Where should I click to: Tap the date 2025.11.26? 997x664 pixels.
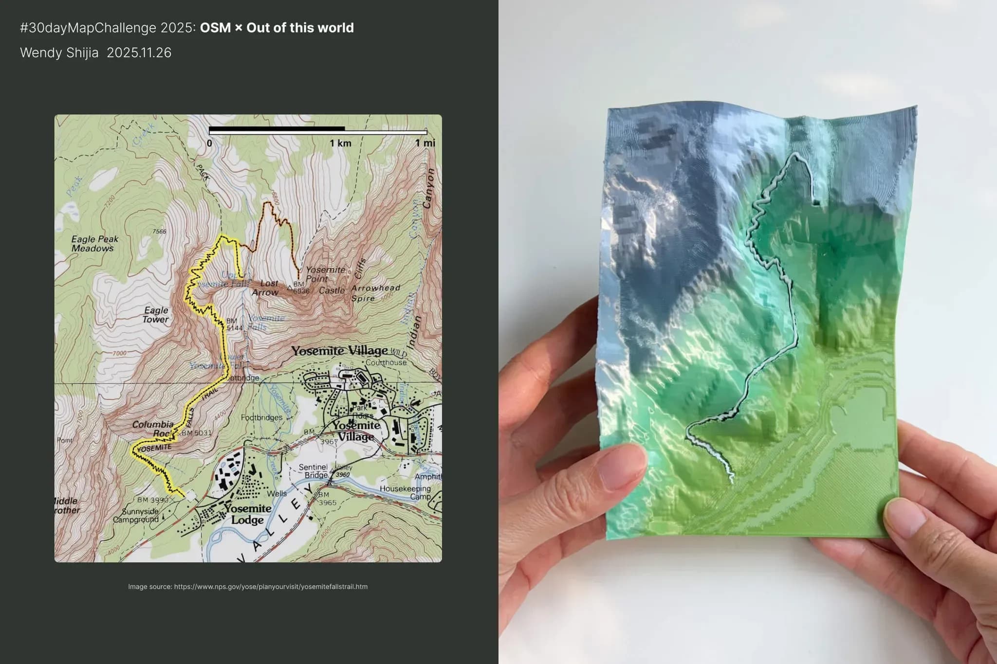click(139, 53)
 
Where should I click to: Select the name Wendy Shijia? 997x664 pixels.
click(59, 53)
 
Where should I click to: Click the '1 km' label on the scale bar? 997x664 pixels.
click(340, 143)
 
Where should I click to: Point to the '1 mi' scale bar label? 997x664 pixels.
click(425, 143)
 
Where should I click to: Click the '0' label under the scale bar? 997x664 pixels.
click(209, 143)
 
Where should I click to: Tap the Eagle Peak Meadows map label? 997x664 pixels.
click(94, 244)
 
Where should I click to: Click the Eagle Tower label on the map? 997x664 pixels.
click(156, 315)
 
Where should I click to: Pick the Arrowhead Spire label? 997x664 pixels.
click(375, 293)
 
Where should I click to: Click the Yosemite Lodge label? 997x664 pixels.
click(247, 514)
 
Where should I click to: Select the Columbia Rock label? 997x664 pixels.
click(153, 429)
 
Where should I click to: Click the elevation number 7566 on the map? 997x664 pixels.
click(159, 232)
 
